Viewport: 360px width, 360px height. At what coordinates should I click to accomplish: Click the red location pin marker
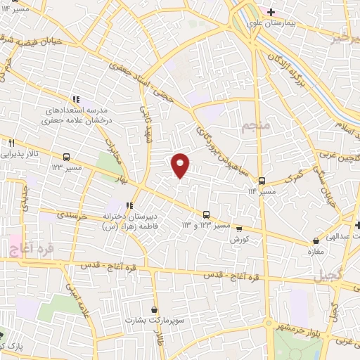tap(181, 164)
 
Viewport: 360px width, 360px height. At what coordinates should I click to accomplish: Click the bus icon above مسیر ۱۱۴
tap(262, 181)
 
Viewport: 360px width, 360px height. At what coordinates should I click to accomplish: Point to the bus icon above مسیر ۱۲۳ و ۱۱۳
tap(206, 215)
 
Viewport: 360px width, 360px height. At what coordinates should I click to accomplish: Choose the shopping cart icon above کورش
tap(239, 229)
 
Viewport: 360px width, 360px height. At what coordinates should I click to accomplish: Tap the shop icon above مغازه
tap(315, 242)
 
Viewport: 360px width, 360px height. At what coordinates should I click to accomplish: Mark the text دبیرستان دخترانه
tap(131, 217)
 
